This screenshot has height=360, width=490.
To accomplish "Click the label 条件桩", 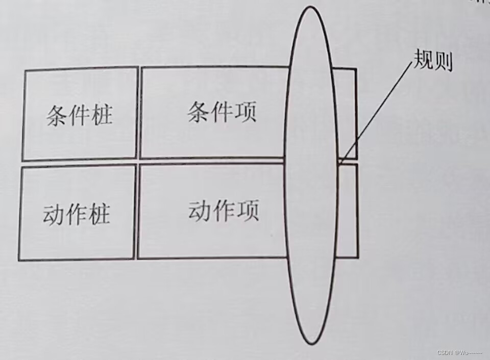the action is tap(79, 116).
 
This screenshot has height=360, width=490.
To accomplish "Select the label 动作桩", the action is tap(77, 215).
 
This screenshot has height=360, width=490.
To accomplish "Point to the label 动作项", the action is tap(224, 210).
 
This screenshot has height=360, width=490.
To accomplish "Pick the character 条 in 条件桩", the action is tap(57, 116).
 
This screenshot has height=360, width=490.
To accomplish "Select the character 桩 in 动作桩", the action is tap(99, 215).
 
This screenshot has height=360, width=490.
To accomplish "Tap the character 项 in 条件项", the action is tap(245, 111).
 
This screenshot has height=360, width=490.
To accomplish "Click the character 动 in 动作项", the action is tap(200, 210).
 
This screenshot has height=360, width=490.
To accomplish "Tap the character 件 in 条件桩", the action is tap(79, 116).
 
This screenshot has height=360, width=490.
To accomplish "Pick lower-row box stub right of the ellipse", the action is tap(348, 210).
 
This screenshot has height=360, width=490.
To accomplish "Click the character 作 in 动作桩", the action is tap(77, 215).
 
